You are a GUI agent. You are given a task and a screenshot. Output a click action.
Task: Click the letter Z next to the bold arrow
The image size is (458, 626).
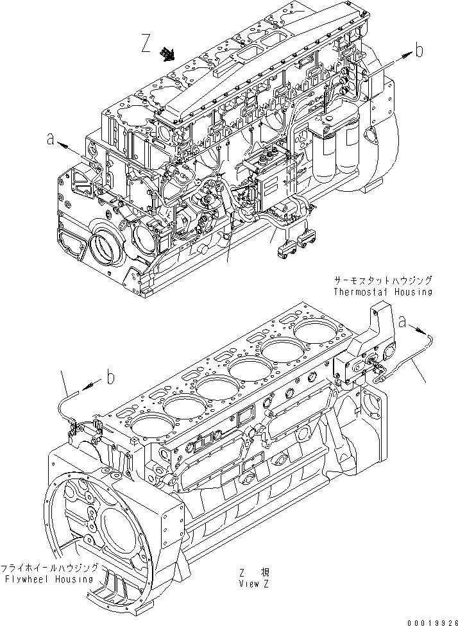[146, 44]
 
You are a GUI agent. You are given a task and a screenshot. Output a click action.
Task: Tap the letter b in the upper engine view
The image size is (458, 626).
[418, 51]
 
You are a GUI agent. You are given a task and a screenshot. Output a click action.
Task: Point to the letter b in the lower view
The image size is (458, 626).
[111, 378]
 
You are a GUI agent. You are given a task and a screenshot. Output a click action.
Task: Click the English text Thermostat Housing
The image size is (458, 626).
[382, 292]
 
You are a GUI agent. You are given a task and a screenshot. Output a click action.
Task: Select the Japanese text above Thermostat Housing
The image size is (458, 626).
[382, 281]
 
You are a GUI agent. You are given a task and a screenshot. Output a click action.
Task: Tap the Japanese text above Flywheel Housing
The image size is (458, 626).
[51, 568]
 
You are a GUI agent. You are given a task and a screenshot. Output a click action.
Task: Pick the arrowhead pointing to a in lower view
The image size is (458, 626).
[423, 330]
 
